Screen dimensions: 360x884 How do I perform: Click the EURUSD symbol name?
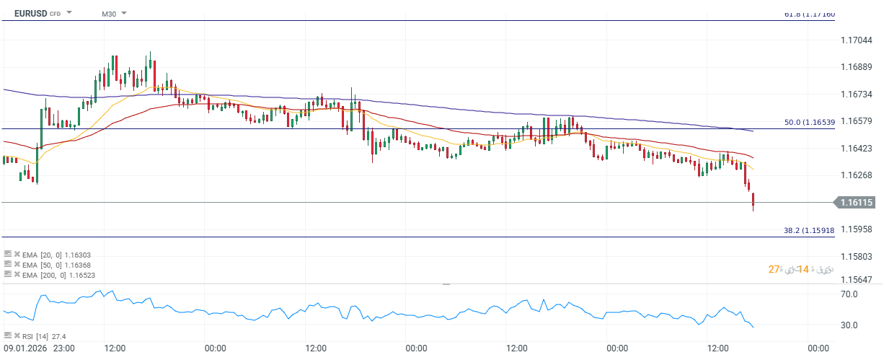click(30, 13)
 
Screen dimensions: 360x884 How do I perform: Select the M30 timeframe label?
click(108, 14)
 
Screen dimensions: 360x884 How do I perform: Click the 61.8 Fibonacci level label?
click(809, 14)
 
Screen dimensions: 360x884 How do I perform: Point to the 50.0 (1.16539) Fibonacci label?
click(809, 123)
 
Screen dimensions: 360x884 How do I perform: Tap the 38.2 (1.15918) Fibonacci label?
click(809, 230)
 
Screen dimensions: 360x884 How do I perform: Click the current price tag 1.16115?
click(857, 203)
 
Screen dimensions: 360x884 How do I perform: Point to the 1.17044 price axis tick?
click(857, 40)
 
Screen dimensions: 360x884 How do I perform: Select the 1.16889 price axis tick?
click(857, 67)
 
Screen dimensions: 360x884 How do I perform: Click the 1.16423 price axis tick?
click(857, 148)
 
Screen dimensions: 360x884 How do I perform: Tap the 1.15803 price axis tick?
click(857, 256)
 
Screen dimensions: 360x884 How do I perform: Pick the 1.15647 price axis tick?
click(857, 279)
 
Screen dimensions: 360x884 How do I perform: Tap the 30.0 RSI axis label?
click(848, 325)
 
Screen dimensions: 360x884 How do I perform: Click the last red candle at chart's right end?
click(753, 201)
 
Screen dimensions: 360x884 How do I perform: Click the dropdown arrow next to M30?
click(124, 14)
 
